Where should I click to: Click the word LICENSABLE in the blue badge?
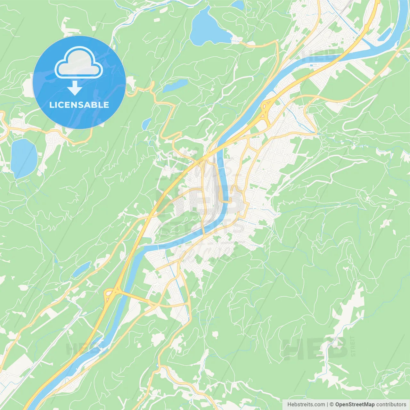click(79, 105)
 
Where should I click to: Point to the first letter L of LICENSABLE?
click(51, 105)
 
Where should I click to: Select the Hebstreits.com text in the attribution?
click(306, 405)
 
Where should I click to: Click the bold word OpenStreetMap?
click(355, 405)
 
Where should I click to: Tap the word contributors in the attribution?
click(391, 405)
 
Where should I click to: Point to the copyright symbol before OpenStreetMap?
click(332, 405)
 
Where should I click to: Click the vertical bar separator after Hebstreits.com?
click(328, 405)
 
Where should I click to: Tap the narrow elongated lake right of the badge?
click(175, 86)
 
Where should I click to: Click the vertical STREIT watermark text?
click(353, 346)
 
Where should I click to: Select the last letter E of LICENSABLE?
click(106, 105)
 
